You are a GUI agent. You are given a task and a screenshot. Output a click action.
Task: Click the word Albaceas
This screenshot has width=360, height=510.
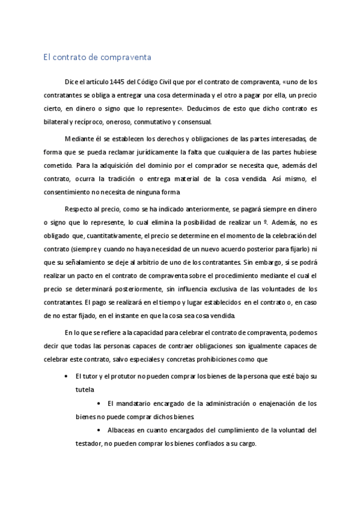(x=122, y=431)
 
